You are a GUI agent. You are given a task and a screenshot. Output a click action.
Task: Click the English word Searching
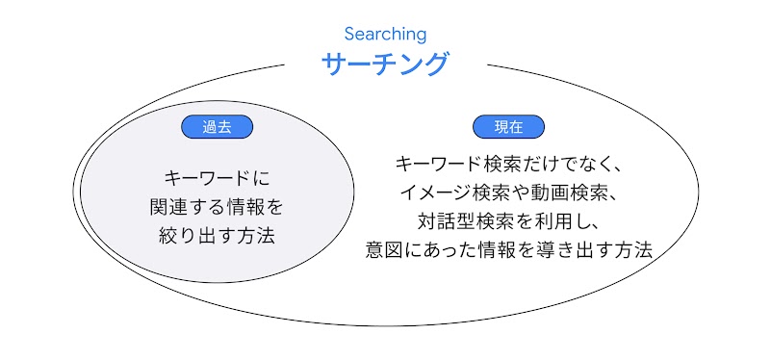(385, 35)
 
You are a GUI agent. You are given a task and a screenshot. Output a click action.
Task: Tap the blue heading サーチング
(385, 64)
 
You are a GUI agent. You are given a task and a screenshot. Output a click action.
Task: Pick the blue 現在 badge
(508, 127)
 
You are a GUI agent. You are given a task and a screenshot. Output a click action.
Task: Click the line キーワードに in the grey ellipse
(218, 178)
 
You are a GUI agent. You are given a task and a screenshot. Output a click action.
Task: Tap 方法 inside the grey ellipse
(257, 236)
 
